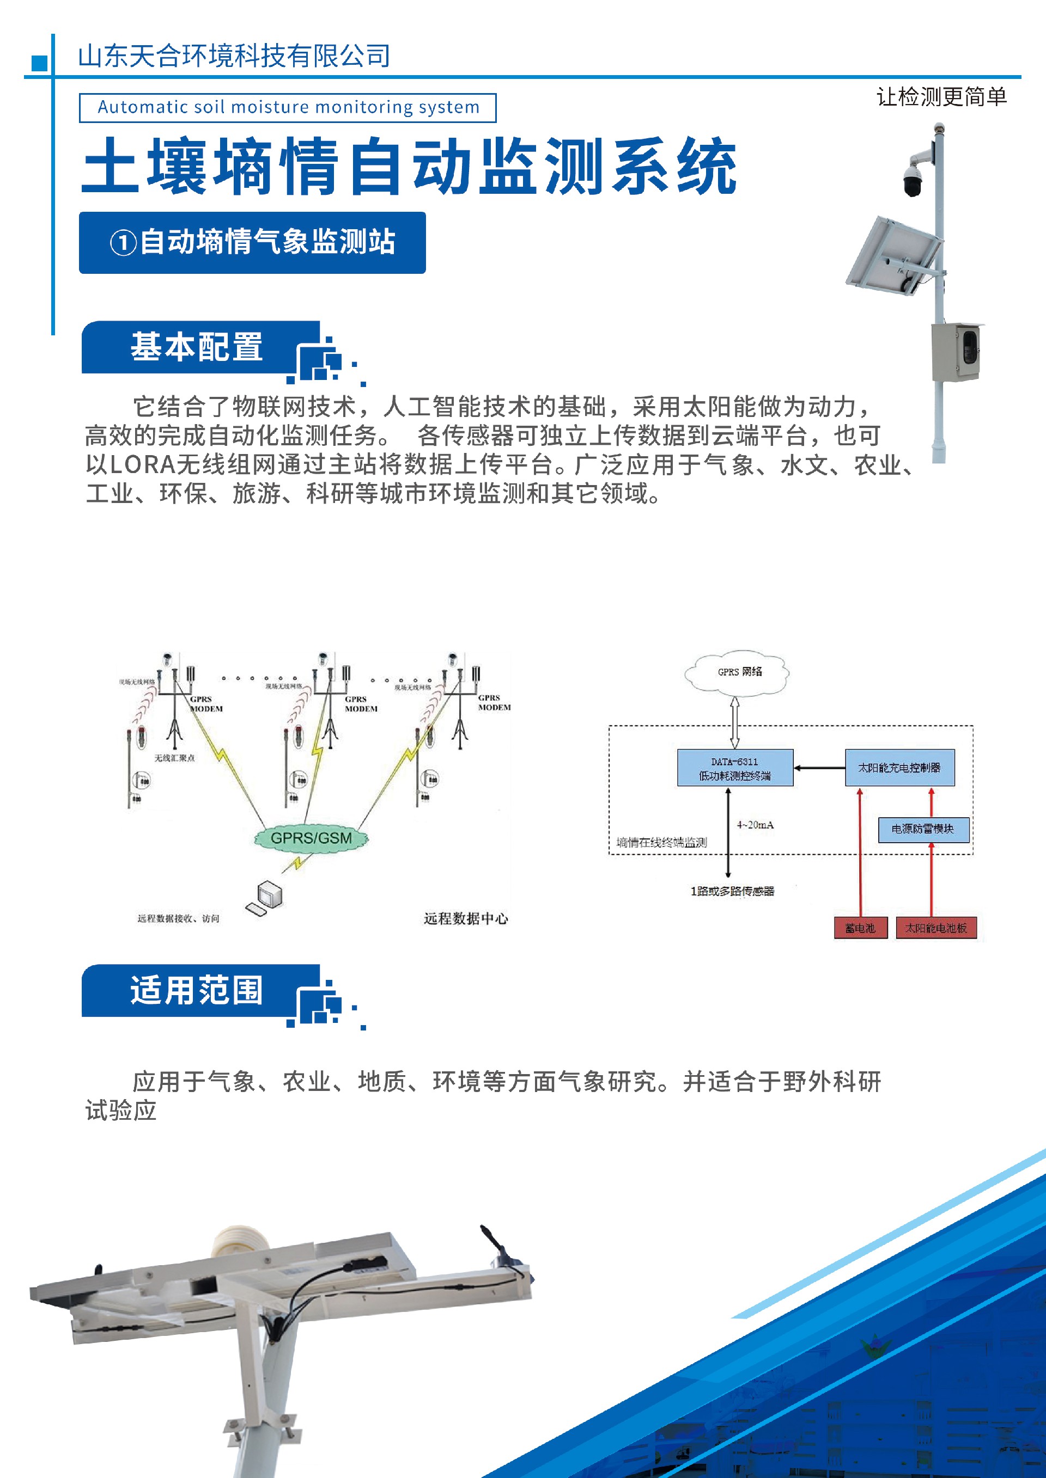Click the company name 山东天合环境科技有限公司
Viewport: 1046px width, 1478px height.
tap(234, 56)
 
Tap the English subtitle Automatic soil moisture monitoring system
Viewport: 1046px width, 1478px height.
tap(288, 107)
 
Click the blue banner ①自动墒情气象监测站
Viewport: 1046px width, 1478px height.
tap(252, 243)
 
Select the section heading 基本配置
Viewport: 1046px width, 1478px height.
tap(197, 347)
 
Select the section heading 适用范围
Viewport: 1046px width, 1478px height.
tap(197, 990)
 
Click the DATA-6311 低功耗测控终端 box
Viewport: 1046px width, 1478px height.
tap(735, 768)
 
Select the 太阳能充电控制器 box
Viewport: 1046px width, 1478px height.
tap(899, 768)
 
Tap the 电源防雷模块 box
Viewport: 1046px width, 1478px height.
tap(923, 829)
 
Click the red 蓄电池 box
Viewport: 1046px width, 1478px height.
tap(860, 928)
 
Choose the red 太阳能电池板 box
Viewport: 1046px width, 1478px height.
tap(936, 928)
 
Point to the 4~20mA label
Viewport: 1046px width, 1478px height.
tap(755, 825)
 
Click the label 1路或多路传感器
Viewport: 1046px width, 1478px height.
tap(732, 892)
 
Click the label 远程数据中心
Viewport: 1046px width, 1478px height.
tap(466, 918)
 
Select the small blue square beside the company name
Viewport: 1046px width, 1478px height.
tap(39, 63)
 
